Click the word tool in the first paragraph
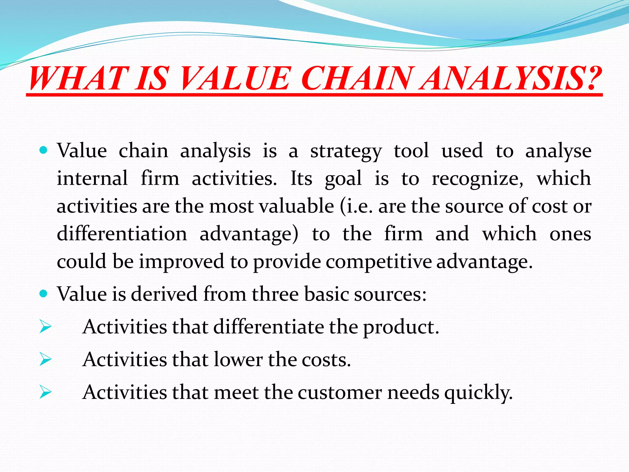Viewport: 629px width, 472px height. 411,151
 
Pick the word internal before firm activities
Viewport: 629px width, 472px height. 92,178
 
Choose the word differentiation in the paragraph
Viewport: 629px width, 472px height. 122,234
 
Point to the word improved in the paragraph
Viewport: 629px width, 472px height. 182,262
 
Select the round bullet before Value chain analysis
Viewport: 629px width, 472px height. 44,150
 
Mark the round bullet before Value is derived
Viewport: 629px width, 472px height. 44,293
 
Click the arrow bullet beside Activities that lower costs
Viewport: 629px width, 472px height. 45,359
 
